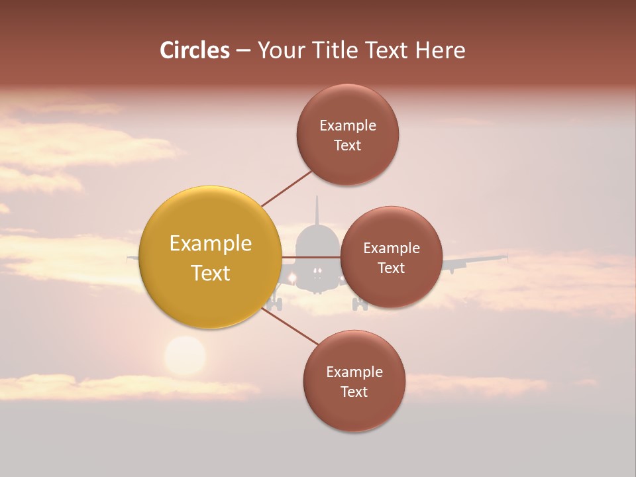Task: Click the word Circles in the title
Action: coord(194,50)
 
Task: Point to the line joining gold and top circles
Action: coord(286,189)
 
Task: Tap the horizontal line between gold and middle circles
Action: coord(311,257)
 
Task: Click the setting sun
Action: coord(185,356)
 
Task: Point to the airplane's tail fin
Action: coord(317,211)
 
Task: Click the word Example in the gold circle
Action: coord(211,244)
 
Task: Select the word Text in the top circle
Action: coord(348,146)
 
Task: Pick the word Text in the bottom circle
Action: coord(354,392)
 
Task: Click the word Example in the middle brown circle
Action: coord(392,248)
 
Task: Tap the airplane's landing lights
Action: coord(317,271)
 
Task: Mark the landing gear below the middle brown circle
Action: coord(360,305)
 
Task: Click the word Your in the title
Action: coord(279,50)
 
